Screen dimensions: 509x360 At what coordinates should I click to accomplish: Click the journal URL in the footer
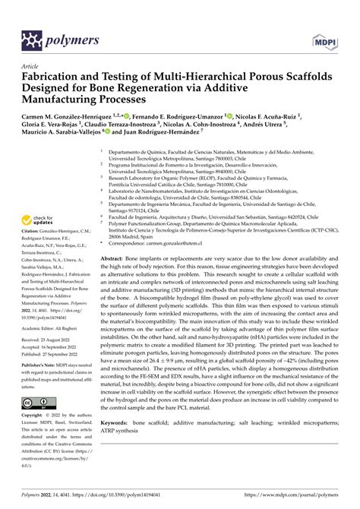(x=288, y=499)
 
